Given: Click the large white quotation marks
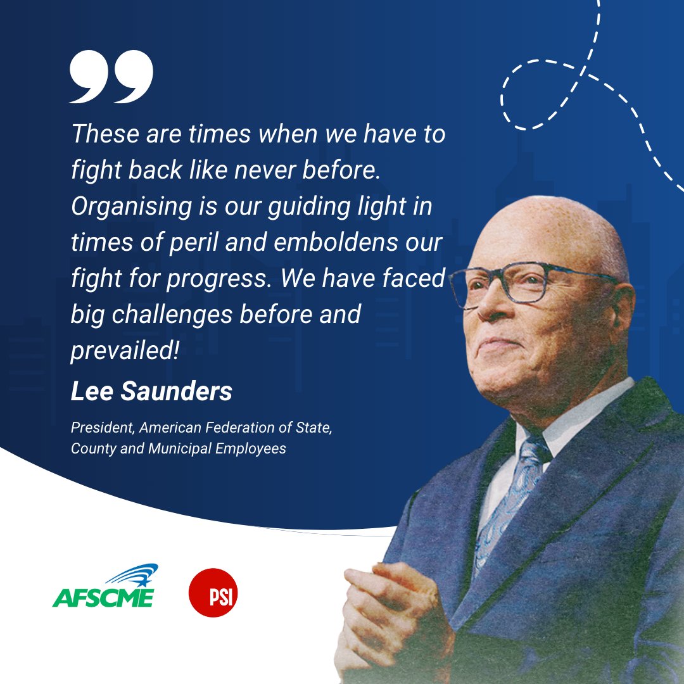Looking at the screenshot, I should point(111,77).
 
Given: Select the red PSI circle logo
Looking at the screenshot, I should point(213,593).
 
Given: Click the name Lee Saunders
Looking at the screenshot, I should point(151,392).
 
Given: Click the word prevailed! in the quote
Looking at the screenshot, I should point(125,350).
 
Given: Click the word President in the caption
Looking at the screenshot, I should point(101,428).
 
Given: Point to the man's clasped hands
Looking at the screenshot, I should point(393,608).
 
